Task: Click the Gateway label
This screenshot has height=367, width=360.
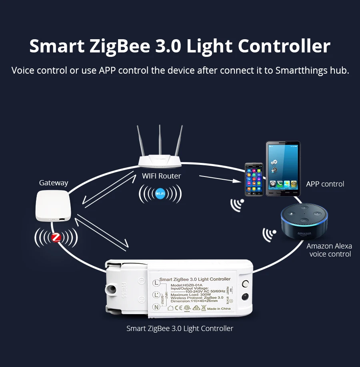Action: (54, 183)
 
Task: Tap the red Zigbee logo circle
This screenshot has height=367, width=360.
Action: (56, 238)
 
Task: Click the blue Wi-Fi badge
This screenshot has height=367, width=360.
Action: (160, 194)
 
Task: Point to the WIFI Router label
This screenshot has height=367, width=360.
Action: (161, 176)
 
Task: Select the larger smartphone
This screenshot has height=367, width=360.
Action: (283, 168)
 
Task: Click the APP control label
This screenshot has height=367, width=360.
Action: (325, 184)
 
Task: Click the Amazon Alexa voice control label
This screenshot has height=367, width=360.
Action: (330, 250)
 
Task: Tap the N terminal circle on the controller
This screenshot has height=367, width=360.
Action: (156, 307)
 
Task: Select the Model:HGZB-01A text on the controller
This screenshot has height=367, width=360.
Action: (187, 284)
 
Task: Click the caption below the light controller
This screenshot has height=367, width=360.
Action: (180, 329)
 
